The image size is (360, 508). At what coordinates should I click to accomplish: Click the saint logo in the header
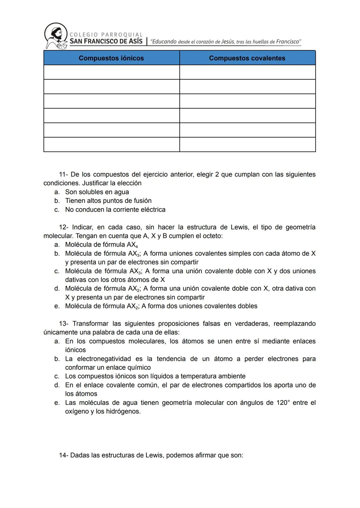tap(55, 36)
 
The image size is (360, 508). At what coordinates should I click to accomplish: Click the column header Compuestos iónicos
tap(111, 58)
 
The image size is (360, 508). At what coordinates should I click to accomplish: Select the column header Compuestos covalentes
tap(247, 58)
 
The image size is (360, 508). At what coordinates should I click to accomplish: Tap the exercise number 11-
tap(63, 175)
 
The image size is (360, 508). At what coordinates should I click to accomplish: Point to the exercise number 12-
tap(63, 227)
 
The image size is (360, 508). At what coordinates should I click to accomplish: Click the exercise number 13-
tap(64, 324)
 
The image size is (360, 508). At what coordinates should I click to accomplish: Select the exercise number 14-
tap(63, 455)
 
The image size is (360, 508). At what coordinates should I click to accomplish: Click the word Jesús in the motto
tap(228, 42)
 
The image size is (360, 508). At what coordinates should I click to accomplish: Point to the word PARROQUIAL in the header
tap(122, 35)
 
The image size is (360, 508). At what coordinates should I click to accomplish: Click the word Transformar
tap(90, 324)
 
